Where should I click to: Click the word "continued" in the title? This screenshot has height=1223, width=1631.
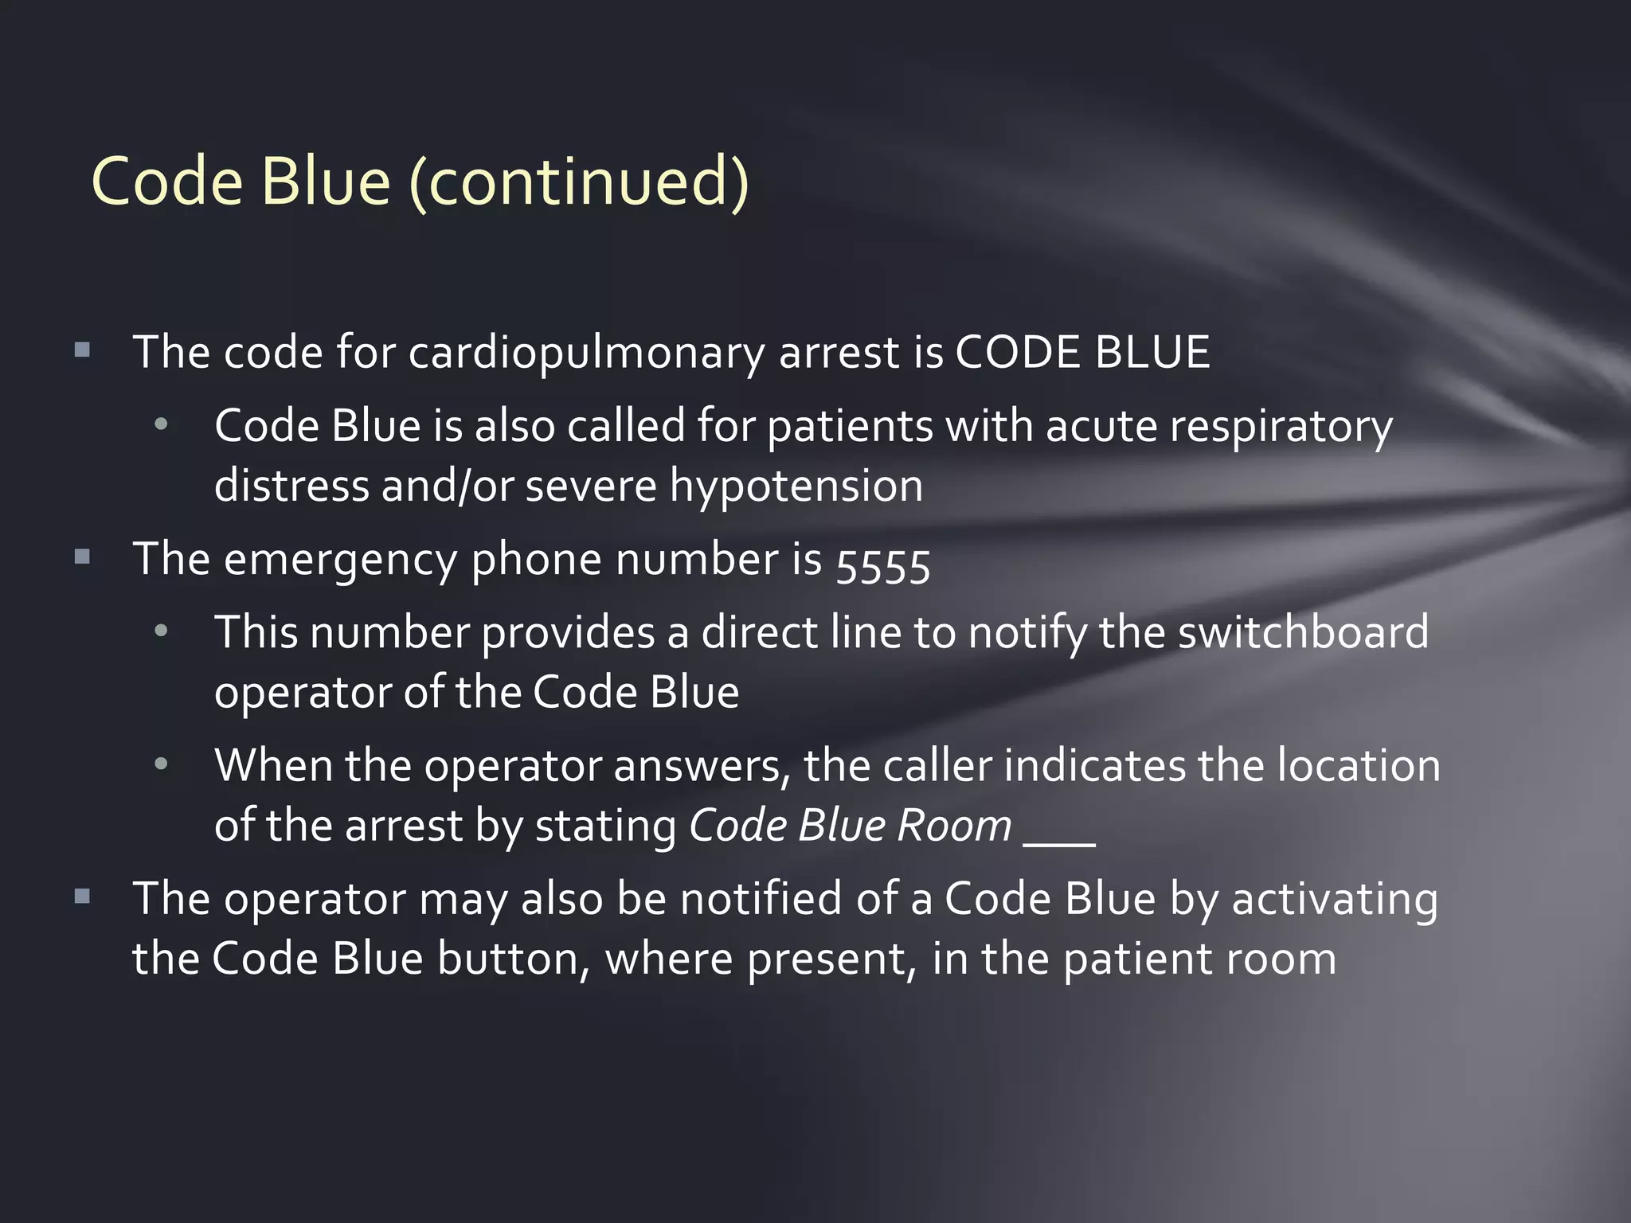[580, 182]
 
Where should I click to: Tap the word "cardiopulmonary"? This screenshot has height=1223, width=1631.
[587, 353]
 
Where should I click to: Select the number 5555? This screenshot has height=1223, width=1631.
[882, 565]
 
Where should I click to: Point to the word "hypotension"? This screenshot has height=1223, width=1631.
[796, 486]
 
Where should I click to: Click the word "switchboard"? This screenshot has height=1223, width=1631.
[1303, 633]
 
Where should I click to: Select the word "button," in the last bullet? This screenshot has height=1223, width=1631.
[514, 959]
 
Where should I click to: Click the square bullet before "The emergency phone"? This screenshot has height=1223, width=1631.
[82, 557]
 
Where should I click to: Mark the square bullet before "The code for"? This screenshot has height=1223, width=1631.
[82, 350]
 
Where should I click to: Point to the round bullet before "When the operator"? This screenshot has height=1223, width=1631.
[162, 765]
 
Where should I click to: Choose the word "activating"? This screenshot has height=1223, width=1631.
[1335, 900]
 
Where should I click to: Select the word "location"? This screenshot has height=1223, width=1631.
[1359, 766]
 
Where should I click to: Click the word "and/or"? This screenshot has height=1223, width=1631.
[447, 486]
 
